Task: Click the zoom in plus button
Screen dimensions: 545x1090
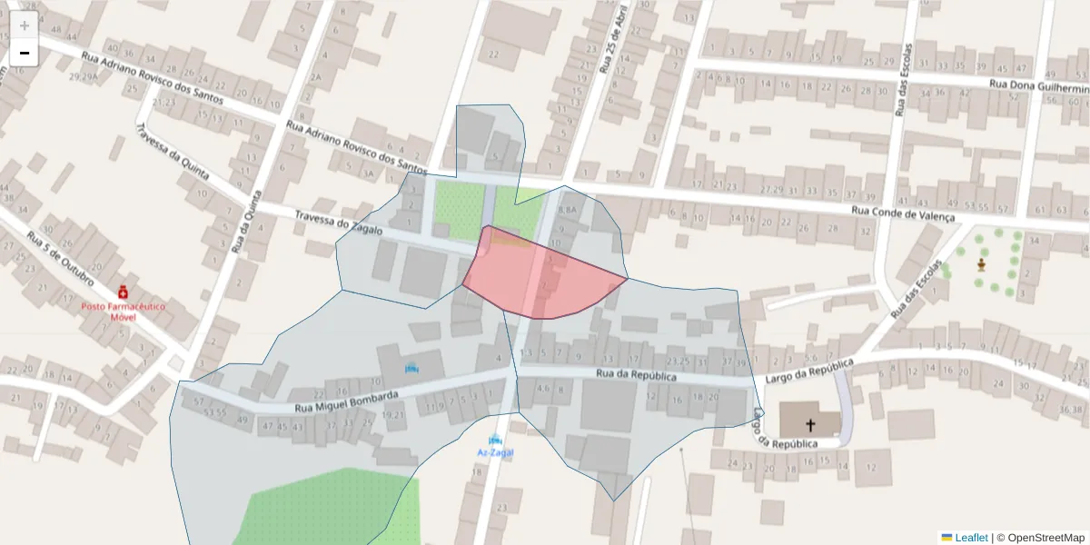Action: pos(25,25)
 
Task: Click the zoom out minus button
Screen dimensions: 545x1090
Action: pos(25,53)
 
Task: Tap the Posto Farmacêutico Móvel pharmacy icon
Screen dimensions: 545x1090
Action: pos(122,292)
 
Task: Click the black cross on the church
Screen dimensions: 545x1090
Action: pos(810,423)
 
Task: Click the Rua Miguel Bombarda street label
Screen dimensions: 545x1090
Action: pos(346,402)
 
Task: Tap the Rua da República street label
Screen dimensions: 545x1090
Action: pos(636,374)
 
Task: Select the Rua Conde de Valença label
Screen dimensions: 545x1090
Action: pos(903,214)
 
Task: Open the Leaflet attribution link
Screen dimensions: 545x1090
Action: pos(970,538)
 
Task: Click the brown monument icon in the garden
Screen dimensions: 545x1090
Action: pos(981,264)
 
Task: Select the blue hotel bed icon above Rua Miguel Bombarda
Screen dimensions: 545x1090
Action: pos(411,368)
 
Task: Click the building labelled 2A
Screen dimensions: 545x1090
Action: pos(315,78)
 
